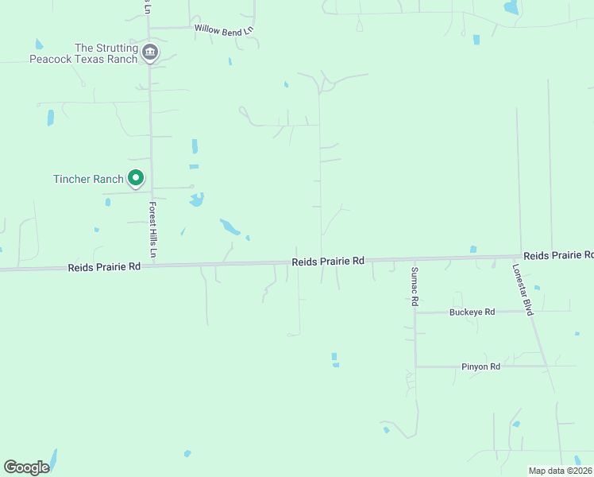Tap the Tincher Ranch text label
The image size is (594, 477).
tap(88, 179)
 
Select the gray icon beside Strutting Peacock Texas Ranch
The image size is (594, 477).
tap(150, 53)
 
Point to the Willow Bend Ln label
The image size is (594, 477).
tap(223, 28)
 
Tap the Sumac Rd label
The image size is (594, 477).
tap(414, 287)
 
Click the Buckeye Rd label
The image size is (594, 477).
tap(472, 312)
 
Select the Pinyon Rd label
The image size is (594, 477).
tap(480, 366)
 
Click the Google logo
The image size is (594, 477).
tap(26, 467)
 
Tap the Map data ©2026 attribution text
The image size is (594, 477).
tap(560, 471)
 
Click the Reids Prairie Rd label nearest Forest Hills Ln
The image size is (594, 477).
tap(104, 267)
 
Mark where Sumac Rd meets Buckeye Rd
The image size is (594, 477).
tap(415, 312)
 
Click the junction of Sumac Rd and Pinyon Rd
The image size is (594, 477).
tap(415, 366)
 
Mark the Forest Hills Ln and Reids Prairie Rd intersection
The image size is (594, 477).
tap(152, 266)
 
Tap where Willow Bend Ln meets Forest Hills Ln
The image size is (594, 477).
tap(149, 28)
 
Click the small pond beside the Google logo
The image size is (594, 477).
tap(53, 457)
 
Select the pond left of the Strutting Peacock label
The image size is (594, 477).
tap(39, 45)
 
